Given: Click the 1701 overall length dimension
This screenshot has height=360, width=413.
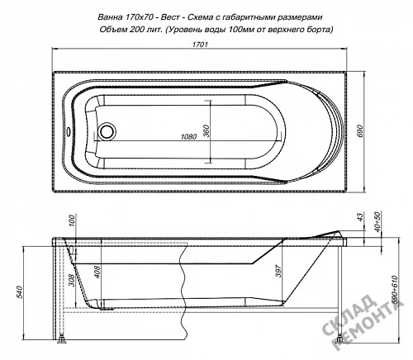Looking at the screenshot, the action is pyautogui.click(x=200, y=45).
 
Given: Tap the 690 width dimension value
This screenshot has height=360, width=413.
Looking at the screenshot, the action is pyautogui.click(x=360, y=131).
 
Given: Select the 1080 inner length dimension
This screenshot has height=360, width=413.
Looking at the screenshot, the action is pyautogui.click(x=188, y=136).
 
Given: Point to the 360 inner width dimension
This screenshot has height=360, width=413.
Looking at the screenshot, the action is pyautogui.click(x=206, y=131).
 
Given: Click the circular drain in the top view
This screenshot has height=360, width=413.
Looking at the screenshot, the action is pyautogui.click(x=107, y=131).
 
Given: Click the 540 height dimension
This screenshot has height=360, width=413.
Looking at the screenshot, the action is pyautogui.click(x=19, y=293).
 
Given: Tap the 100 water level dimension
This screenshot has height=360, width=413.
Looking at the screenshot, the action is pyautogui.click(x=71, y=221).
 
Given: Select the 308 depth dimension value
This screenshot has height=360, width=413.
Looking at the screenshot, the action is pyautogui.click(x=71, y=280).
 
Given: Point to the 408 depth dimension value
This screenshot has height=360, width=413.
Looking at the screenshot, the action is pyautogui.click(x=97, y=271).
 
